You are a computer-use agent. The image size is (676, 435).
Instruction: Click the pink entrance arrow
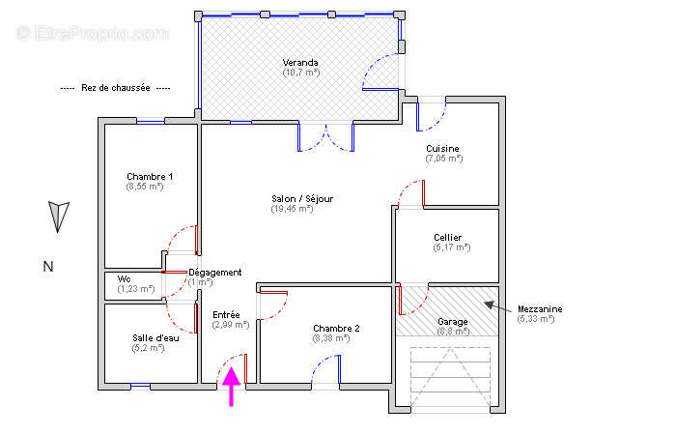pyautogui.click(x=232, y=387)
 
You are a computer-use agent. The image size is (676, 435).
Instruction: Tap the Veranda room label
pyautogui.click(x=300, y=63)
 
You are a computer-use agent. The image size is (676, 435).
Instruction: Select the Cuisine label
pyautogui.click(x=442, y=149)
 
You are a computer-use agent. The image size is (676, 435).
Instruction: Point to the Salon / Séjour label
pyautogui.click(x=302, y=199)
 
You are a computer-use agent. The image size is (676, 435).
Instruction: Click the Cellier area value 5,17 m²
pyautogui.click(x=451, y=247)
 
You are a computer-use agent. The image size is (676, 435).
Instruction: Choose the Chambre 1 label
pyautogui.click(x=150, y=177)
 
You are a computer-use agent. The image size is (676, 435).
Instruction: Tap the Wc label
pyautogui.click(x=125, y=279)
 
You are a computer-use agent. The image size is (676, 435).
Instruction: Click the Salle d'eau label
pyautogui.click(x=155, y=338)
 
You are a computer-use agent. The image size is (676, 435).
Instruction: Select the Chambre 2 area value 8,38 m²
pyautogui.click(x=330, y=338)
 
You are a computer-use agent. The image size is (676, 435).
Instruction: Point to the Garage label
pyautogui.click(x=452, y=322)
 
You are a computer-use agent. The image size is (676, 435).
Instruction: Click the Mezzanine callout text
pyautogui.click(x=540, y=309)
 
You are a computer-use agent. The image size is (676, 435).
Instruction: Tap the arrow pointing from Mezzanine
pyautogui.click(x=498, y=306)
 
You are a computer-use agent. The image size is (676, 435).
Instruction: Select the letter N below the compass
pyautogui.click(x=48, y=267)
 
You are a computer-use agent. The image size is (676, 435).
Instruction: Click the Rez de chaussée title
pyautogui.click(x=116, y=88)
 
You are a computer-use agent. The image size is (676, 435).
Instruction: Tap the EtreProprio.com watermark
pyautogui.click(x=92, y=33)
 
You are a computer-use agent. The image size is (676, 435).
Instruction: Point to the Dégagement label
pyautogui.click(x=215, y=273)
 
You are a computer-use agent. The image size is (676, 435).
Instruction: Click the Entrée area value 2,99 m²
pyautogui.click(x=231, y=325)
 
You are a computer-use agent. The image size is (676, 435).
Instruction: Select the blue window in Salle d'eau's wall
pyautogui.click(x=141, y=386)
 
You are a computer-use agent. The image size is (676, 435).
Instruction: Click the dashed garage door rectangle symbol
pyautogui.click(x=450, y=376)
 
